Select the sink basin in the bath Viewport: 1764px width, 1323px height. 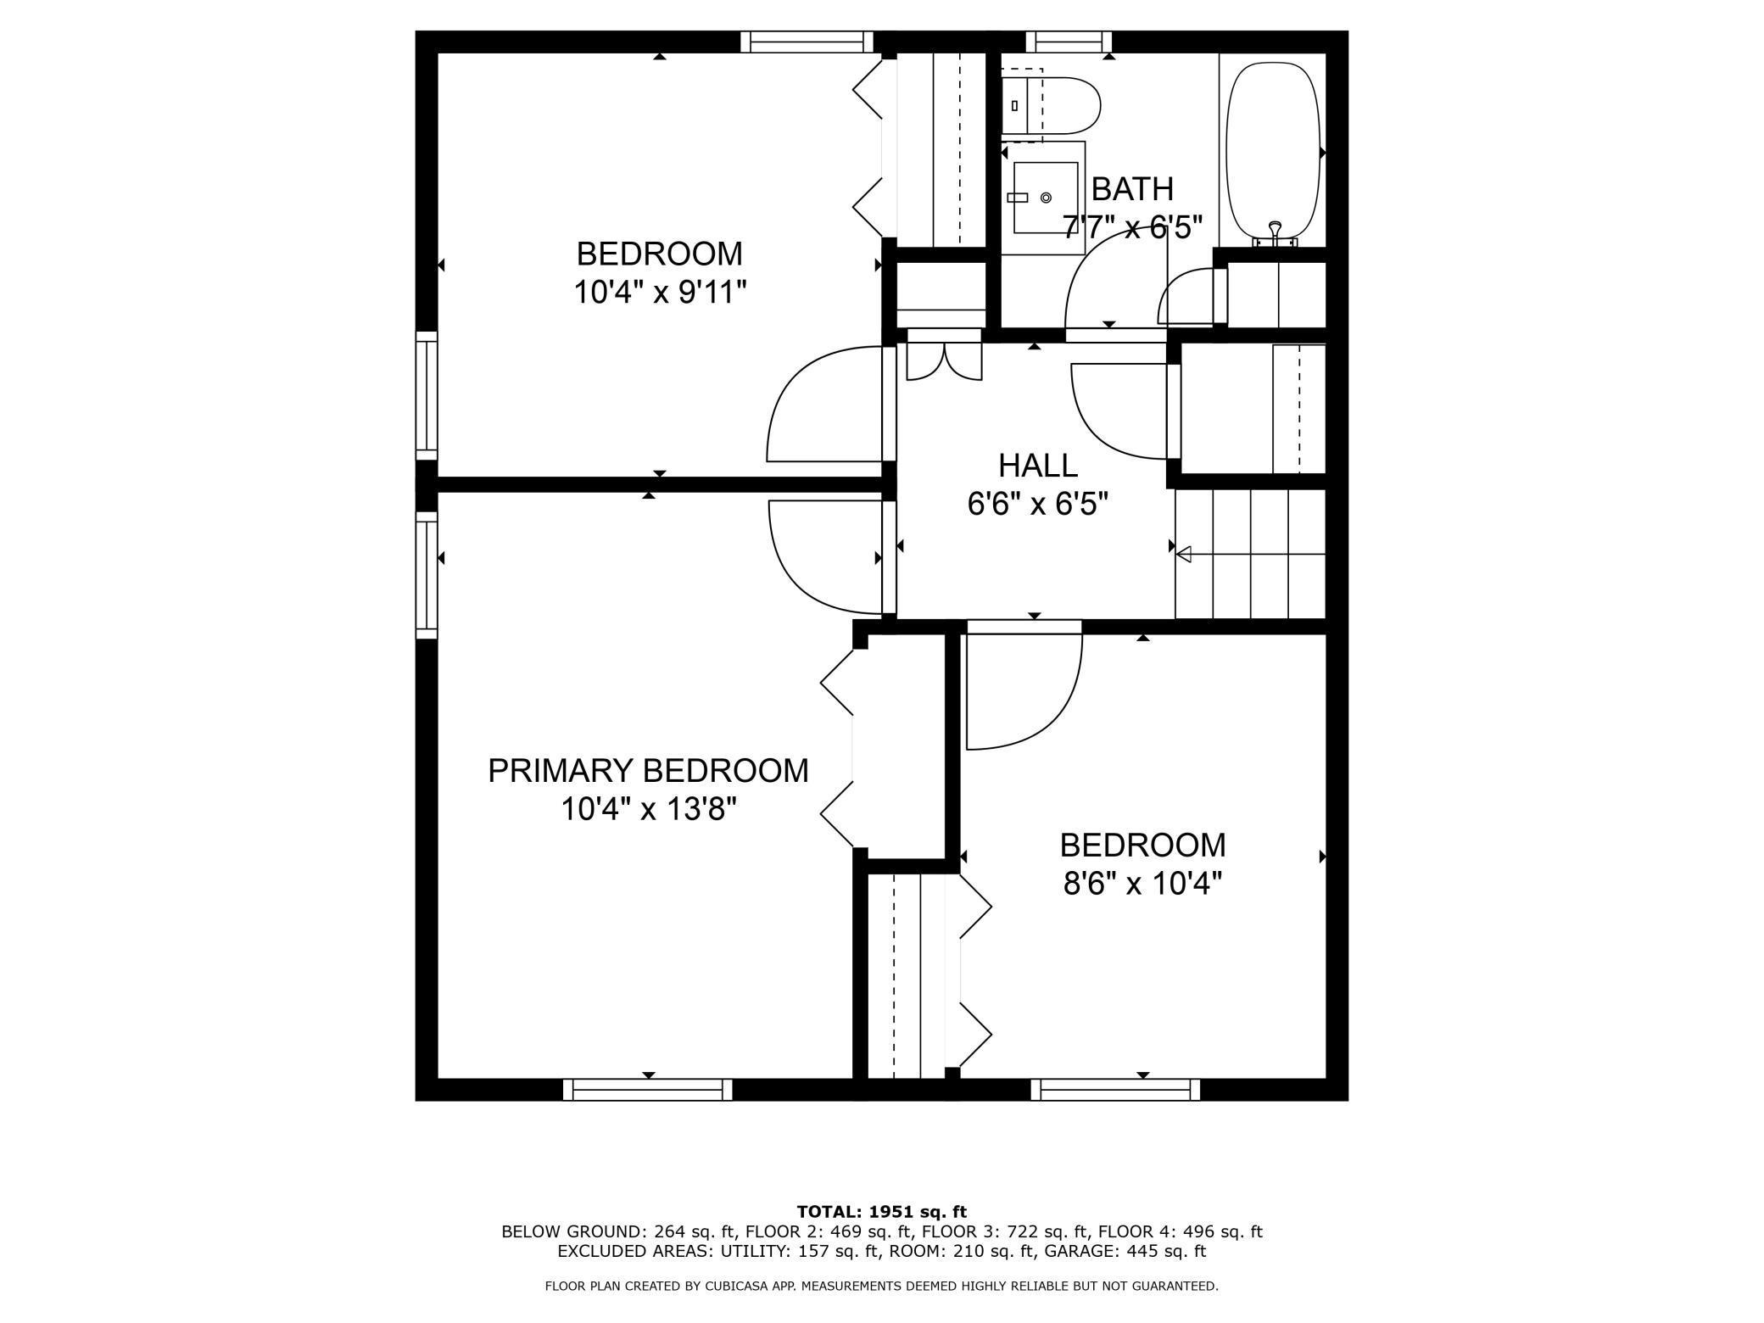1046,198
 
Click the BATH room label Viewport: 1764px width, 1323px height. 1131,189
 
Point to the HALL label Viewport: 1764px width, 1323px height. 1037,466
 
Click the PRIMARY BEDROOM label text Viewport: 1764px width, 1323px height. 648,771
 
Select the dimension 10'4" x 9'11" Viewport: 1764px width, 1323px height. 660,293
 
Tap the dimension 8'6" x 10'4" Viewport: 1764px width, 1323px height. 1142,885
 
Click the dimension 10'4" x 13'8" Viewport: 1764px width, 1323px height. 648,810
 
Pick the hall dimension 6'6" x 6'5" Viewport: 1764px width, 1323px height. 1037,505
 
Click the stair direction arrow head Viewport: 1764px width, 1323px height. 1184,555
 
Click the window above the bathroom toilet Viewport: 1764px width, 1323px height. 1069,42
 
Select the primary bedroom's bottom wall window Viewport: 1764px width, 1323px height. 648,1090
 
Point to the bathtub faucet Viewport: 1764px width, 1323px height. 1274,229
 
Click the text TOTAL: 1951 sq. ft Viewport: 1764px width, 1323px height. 881,1212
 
